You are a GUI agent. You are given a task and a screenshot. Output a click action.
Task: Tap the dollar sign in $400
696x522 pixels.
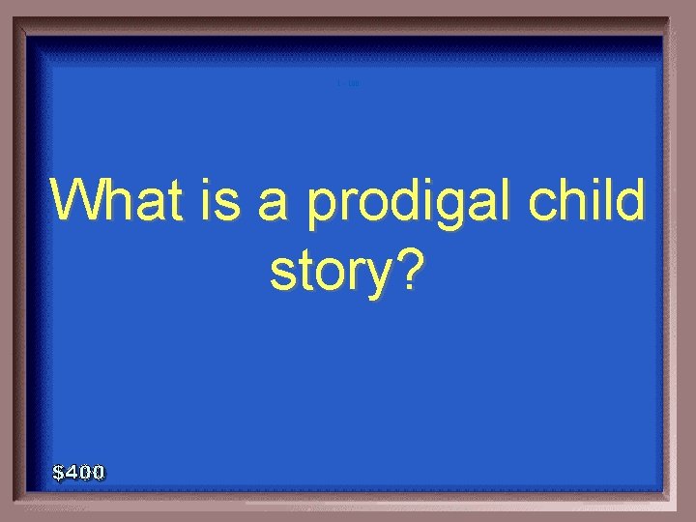(59, 473)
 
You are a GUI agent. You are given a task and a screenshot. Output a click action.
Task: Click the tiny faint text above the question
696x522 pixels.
(348, 83)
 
